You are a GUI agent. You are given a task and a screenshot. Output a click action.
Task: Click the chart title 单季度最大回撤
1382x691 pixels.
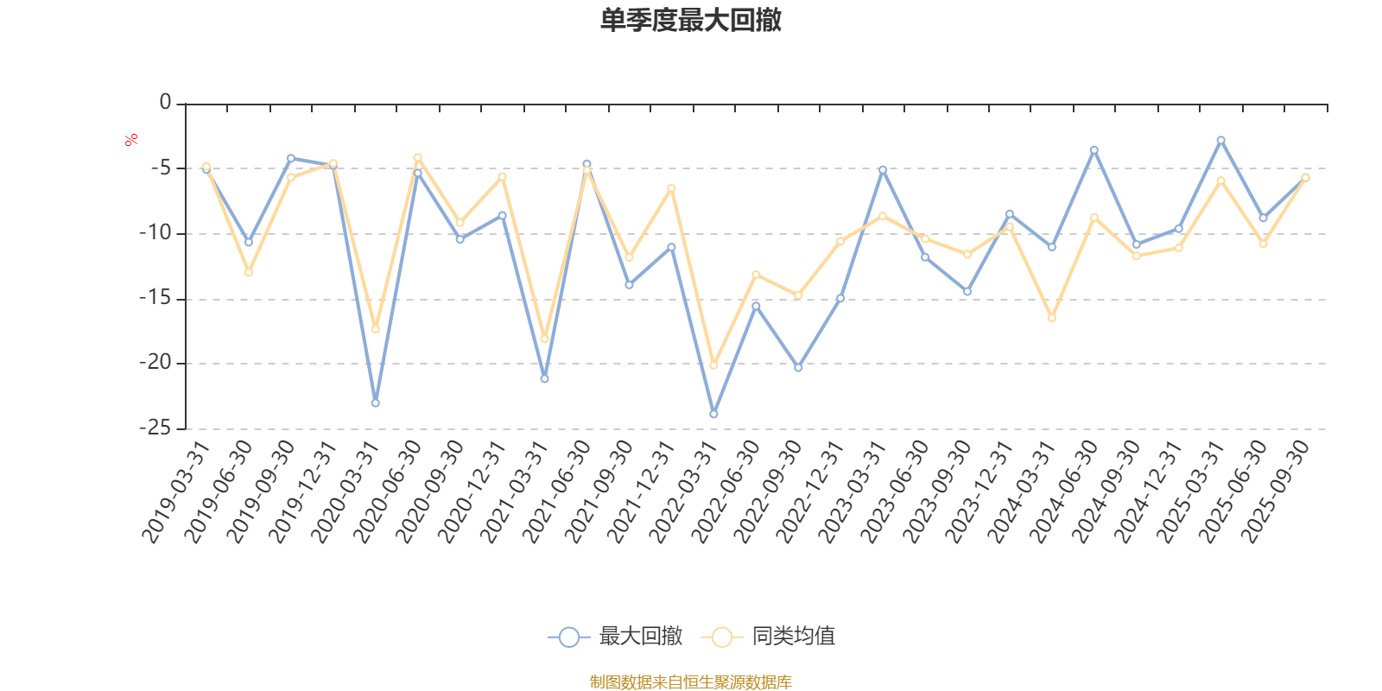(x=691, y=20)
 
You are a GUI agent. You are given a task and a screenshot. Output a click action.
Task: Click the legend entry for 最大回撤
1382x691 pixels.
(x=615, y=637)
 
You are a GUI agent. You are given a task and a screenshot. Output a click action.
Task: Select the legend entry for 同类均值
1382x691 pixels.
(x=769, y=637)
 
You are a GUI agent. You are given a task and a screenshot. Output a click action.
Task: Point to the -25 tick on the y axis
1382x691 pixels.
(x=155, y=428)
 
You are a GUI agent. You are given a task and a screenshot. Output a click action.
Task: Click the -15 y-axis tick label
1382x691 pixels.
(x=155, y=298)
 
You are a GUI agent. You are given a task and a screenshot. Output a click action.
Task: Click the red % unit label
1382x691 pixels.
(x=131, y=140)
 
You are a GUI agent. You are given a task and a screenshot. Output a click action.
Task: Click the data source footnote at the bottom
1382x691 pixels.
(x=691, y=682)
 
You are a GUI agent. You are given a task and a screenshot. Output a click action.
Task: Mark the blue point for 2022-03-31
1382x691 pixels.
(x=713, y=415)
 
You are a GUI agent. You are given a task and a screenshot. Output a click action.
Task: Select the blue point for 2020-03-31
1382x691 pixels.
(x=375, y=403)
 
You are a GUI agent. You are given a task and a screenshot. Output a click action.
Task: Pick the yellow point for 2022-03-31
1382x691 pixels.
(x=713, y=365)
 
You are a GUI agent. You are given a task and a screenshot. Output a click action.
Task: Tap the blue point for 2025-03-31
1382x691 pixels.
(x=1220, y=140)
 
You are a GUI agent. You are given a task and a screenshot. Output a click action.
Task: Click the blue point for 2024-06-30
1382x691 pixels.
(x=1094, y=149)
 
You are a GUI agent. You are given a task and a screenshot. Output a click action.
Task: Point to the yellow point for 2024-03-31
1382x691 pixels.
(x=1051, y=318)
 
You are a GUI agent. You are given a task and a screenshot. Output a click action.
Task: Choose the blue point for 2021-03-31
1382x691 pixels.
(x=544, y=379)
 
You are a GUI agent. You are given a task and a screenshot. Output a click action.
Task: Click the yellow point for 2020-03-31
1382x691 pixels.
(x=375, y=329)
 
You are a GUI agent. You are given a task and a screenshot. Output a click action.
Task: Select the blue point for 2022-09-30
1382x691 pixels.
(x=798, y=368)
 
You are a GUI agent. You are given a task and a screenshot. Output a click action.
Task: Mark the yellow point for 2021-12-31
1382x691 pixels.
(x=671, y=188)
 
